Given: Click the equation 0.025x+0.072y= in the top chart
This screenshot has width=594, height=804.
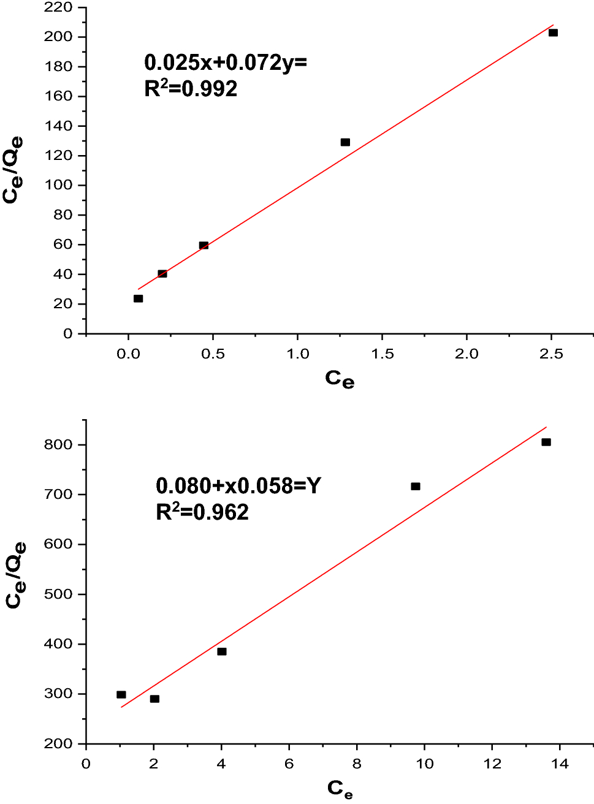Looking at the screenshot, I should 225,63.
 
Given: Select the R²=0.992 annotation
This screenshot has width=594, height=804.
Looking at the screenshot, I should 191,89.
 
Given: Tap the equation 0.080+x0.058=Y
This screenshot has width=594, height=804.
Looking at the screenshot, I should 238,486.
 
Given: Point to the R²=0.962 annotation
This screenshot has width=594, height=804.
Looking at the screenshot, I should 202,512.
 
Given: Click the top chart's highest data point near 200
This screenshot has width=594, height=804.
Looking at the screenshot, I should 553,32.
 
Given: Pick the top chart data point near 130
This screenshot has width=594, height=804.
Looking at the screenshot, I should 345,142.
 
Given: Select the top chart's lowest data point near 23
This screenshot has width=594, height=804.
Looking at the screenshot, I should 138,298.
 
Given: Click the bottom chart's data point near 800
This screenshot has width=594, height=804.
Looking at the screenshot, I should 546,442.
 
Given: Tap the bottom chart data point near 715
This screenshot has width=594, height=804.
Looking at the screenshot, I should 416,487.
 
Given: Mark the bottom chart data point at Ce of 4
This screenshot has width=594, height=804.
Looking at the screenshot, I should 222,651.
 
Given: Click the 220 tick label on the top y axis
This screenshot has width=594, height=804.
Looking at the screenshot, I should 58,7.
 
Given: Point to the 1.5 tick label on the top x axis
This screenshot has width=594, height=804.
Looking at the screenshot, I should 382,354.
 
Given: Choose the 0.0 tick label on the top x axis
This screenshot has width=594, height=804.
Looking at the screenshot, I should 128,354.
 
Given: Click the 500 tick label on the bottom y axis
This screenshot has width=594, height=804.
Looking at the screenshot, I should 58,594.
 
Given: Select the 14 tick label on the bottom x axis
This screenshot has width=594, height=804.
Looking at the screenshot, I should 560,764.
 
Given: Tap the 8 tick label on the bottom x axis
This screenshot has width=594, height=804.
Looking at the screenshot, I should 357,764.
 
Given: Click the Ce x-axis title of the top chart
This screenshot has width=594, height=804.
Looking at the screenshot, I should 340,379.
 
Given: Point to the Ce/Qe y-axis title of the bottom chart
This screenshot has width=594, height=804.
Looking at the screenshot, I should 15,575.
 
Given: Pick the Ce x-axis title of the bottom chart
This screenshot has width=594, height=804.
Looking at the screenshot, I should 340,789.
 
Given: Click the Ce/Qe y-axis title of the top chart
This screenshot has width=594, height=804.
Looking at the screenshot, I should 13,169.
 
